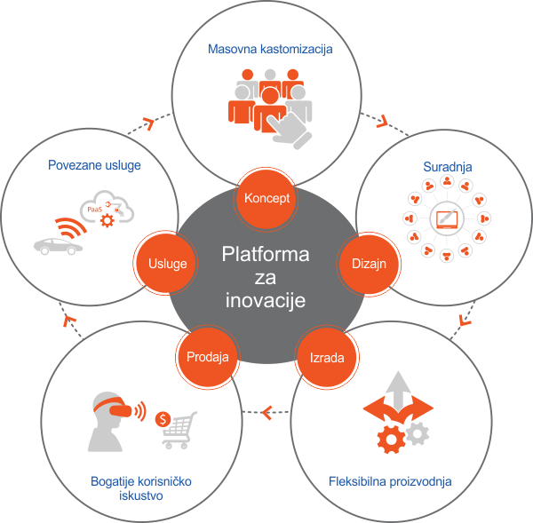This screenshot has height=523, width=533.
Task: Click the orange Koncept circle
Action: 267,198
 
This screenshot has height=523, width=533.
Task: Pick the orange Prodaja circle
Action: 209,358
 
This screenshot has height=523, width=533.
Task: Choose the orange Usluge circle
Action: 166,265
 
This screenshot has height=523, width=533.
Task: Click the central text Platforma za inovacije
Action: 266,278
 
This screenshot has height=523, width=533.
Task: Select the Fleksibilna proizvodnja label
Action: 401,482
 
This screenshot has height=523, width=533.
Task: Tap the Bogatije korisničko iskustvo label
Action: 141,489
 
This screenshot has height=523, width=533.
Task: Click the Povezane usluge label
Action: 94,165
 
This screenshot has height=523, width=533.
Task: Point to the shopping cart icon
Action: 180,430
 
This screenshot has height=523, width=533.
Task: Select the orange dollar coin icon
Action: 163,418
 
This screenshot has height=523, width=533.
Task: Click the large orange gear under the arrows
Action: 391,439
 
